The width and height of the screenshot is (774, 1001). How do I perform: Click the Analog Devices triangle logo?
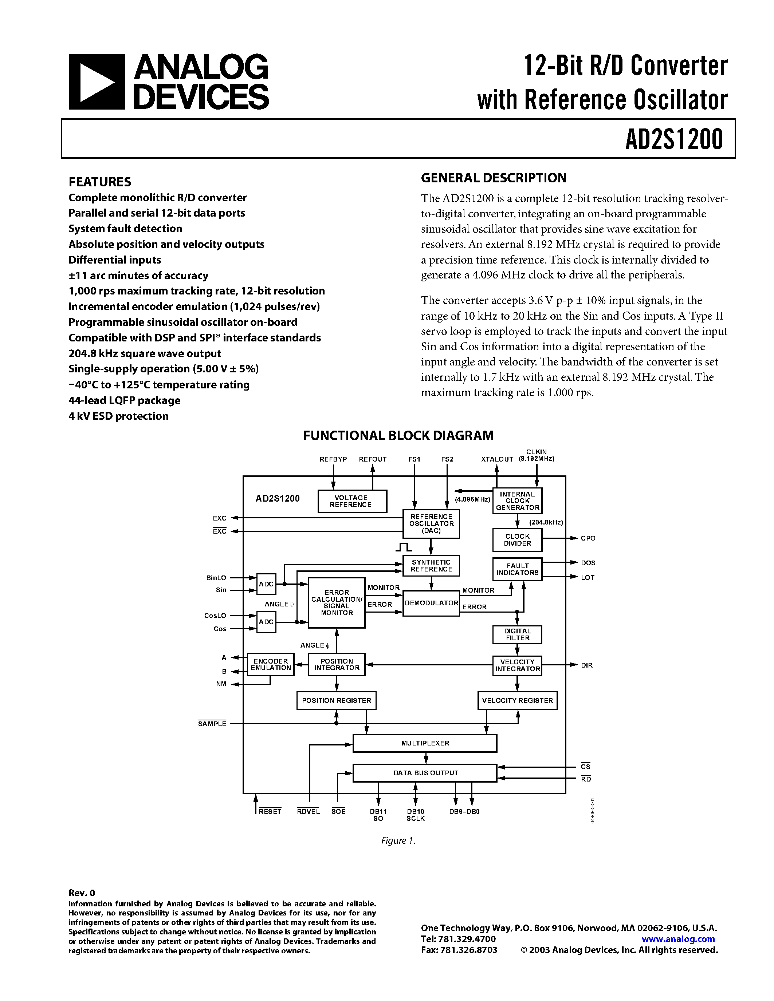click(x=97, y=82)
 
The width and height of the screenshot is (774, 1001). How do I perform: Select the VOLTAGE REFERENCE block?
click(x=352, y=501)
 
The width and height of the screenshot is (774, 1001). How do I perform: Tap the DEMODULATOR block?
click(x=431, y=603)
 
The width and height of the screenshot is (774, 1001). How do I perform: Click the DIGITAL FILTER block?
click(x=517, y=634)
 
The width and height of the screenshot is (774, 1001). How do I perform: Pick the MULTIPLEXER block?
click(x=425, y=743)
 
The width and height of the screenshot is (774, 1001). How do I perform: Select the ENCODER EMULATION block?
click(x=271, y=665)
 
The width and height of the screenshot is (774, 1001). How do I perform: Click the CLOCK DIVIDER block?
click(x=517, y=540)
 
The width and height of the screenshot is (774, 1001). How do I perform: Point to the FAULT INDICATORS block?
click(x=517, y=569)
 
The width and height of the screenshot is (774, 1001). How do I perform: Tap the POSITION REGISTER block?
click(x=336, y=700)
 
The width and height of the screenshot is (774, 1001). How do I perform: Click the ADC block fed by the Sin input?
click(x=266, y=584)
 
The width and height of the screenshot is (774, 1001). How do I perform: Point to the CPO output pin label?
click(x=588, y=538)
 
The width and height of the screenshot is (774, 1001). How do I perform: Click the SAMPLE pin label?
click(x=212, y=724)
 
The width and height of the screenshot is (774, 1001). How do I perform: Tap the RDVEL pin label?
click(x=308, y=811)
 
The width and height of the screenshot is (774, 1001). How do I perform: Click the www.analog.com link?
click(x=678, y=939)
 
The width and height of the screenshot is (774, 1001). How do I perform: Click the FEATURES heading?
click(x=99, y=182)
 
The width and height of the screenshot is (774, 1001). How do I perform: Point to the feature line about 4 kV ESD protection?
click(x=118, y=416)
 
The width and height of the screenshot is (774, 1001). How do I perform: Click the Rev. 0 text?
click(x=82, y=893)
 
